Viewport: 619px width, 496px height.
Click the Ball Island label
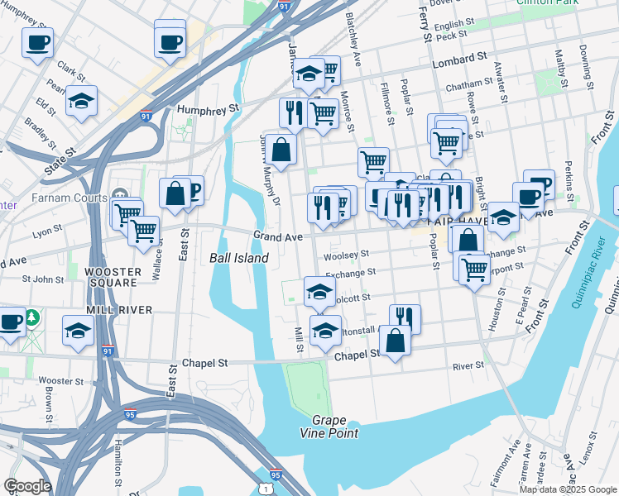(239, 258)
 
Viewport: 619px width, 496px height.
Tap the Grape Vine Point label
(335, 427)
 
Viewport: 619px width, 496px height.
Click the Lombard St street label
(458, 60)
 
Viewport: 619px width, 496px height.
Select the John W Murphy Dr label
(271, 169)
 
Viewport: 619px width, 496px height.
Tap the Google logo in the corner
(27, 486)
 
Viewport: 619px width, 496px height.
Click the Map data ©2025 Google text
(568, 489)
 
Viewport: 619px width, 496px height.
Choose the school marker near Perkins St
(503, 217)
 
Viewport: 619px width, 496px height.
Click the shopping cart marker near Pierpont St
(474, 268)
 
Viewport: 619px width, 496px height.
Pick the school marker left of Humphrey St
(81, 101)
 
